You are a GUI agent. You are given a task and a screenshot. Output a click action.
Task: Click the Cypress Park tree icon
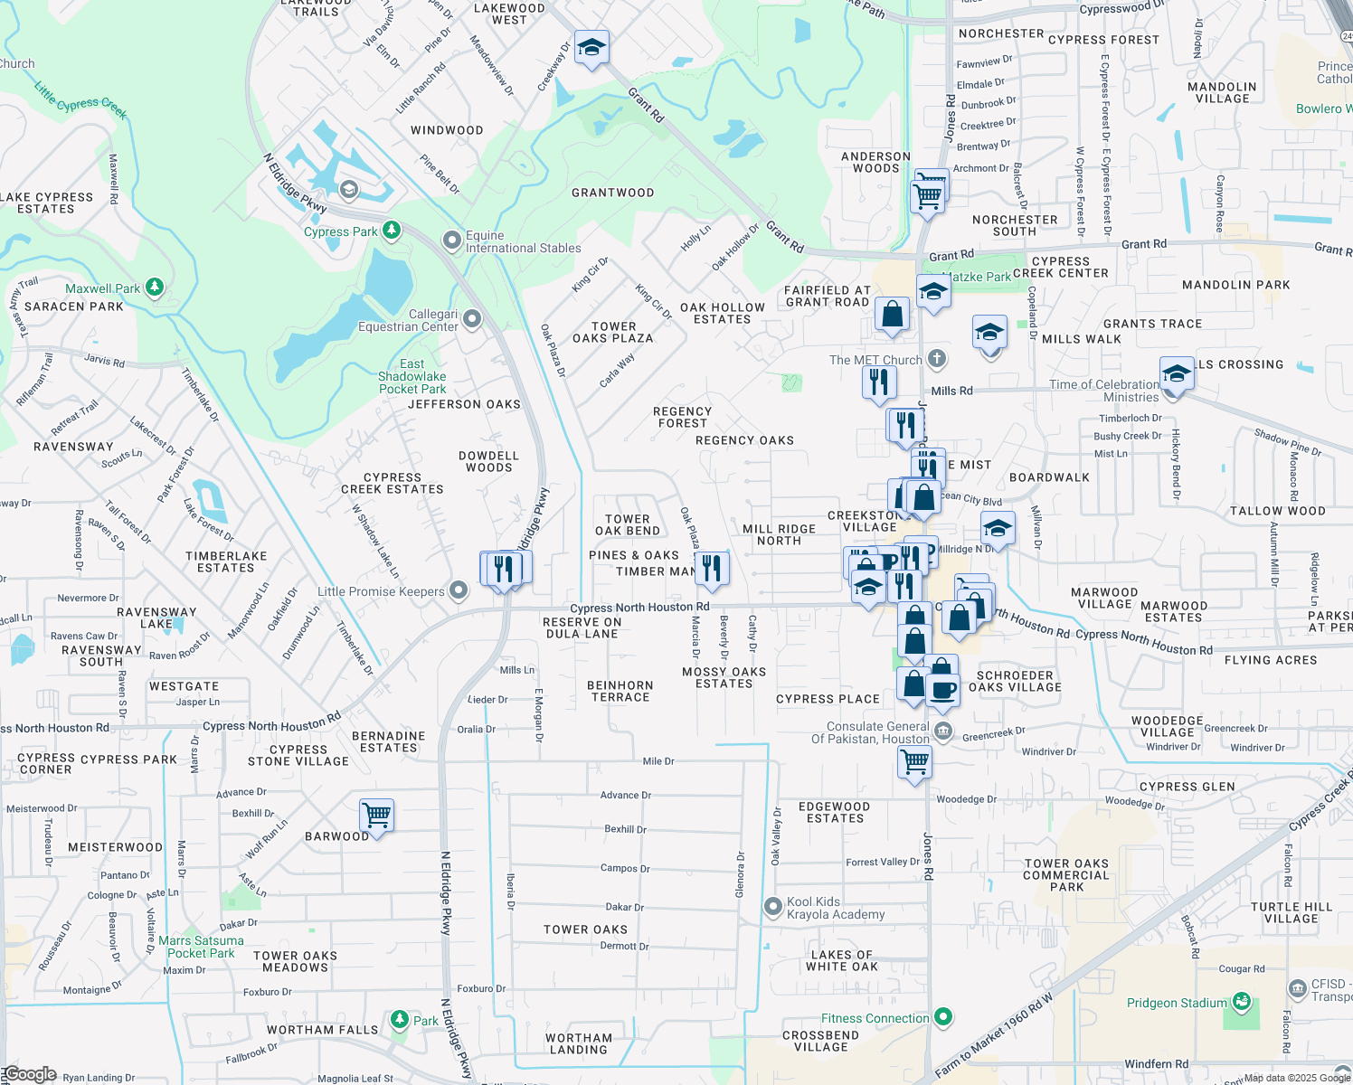click(x=392, y=231)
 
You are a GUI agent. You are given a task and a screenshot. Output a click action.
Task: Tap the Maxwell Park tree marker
click(x=155, y=288)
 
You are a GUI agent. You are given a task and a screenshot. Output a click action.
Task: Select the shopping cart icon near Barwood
click(x=376, y=815)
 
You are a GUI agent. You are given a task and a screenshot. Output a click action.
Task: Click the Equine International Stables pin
click(x=452, y=241)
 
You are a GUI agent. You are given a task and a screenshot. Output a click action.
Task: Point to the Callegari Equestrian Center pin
click(x=471, y=319)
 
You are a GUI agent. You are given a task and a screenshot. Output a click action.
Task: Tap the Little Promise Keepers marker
click(x=459, y=591)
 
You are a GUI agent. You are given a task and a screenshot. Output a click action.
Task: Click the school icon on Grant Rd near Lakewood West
click(x=591, y=48)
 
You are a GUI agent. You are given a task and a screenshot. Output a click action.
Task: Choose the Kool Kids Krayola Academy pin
click(x=773, y=906)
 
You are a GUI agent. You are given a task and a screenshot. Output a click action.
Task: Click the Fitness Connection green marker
click(x=943, y=1018)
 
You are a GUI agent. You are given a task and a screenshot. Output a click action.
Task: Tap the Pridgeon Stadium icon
click(x=1241, y=1002)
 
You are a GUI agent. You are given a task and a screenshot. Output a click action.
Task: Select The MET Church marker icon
click(x=937, y=359)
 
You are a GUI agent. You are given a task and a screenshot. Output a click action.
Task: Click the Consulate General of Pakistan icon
click(x=942, y=731)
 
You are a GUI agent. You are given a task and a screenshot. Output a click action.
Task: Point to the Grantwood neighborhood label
click(x=612, y=193)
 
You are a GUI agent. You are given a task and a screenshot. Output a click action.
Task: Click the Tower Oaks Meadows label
click(x=295, y=961)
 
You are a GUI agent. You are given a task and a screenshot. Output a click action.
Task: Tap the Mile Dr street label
click(x=658, y=761)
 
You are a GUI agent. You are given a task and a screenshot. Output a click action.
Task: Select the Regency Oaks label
click(x=744, y=440)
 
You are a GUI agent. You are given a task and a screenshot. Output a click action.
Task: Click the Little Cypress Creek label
click(x=81, y=100)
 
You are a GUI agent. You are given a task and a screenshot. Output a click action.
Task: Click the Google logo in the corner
click(x=29, y=1074)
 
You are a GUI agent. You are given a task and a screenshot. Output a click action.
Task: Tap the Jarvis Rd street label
click(x=104, y=361)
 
